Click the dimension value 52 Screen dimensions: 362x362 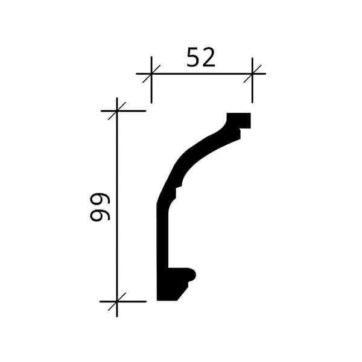click(x=201, y=57)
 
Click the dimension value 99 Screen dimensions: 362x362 click(x=100, y=207)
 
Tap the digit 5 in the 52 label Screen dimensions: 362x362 click(x=193, y=57)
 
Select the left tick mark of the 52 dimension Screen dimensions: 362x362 click(x=151, y=74)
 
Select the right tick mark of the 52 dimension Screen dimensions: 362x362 click(x=252, y=74)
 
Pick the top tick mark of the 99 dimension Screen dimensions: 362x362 click(x=117, y=111)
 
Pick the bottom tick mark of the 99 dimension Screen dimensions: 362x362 click(x=117, y=302)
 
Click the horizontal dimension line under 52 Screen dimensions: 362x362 click(x=201, y=74)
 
